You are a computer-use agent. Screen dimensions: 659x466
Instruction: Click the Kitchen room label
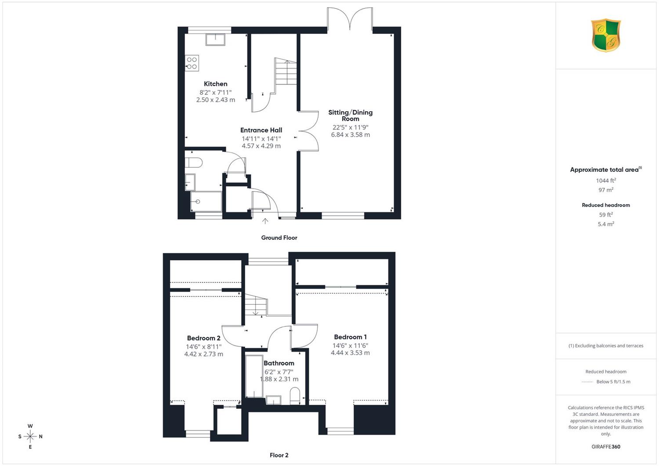click(215, 84)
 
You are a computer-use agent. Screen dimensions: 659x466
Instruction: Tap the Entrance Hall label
click(261, 130)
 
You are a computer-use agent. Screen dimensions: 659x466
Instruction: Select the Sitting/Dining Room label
click(351, 116)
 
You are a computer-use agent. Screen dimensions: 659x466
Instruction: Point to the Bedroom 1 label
click(350, 337)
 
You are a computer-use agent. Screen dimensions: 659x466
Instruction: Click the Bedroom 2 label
click(203, 338)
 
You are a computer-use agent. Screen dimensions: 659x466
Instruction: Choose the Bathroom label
click(279, 363)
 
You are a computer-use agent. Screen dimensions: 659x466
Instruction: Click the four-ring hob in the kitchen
click(192, 63)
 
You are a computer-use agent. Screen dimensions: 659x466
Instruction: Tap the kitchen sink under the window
click(215, 40)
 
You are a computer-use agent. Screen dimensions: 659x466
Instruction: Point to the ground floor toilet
click(194, 163)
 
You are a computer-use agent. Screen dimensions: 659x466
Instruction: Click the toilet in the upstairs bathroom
click(295, 396)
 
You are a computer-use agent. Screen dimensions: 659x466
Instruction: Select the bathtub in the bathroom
click(254, 376)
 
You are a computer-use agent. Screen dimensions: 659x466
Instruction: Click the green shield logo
click(606, 35)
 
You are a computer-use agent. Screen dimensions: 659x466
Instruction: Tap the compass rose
click(30, 436)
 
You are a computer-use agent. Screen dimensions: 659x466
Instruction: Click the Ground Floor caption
click(279, 238)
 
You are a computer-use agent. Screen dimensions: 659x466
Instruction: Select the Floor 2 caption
click(279, 455)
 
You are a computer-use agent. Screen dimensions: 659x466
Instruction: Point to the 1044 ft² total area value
click(606, 181)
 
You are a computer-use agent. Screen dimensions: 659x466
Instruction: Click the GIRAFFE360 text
click(606, 447)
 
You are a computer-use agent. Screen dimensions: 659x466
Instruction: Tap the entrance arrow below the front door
click(265, 221)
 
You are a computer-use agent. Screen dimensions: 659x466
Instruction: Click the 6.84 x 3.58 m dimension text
click(351, 135)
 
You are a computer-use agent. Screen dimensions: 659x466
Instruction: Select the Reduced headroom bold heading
click(606, 205)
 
